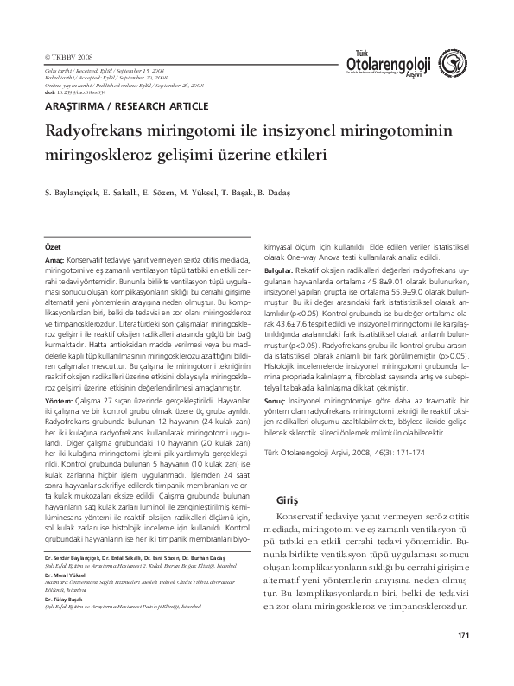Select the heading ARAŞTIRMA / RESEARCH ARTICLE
click(x=126, y=105)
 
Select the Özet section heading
click(x=53, y=246)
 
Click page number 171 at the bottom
click(x=463, y=660)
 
